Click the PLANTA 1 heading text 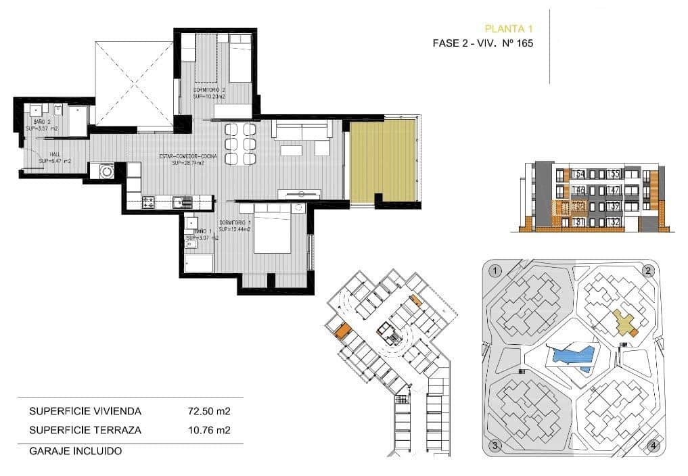(x=509, y=28)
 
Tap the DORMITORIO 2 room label (x=209, y=90)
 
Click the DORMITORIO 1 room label (x=235, y=223)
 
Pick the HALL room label (x=47, y=154)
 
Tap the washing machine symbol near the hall (x=107, y=172)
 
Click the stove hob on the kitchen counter (x=149, y=201)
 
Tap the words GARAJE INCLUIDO (x=75, y=450)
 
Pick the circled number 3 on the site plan (x=495, y=446)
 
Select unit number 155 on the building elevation (x=614, y=174)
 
